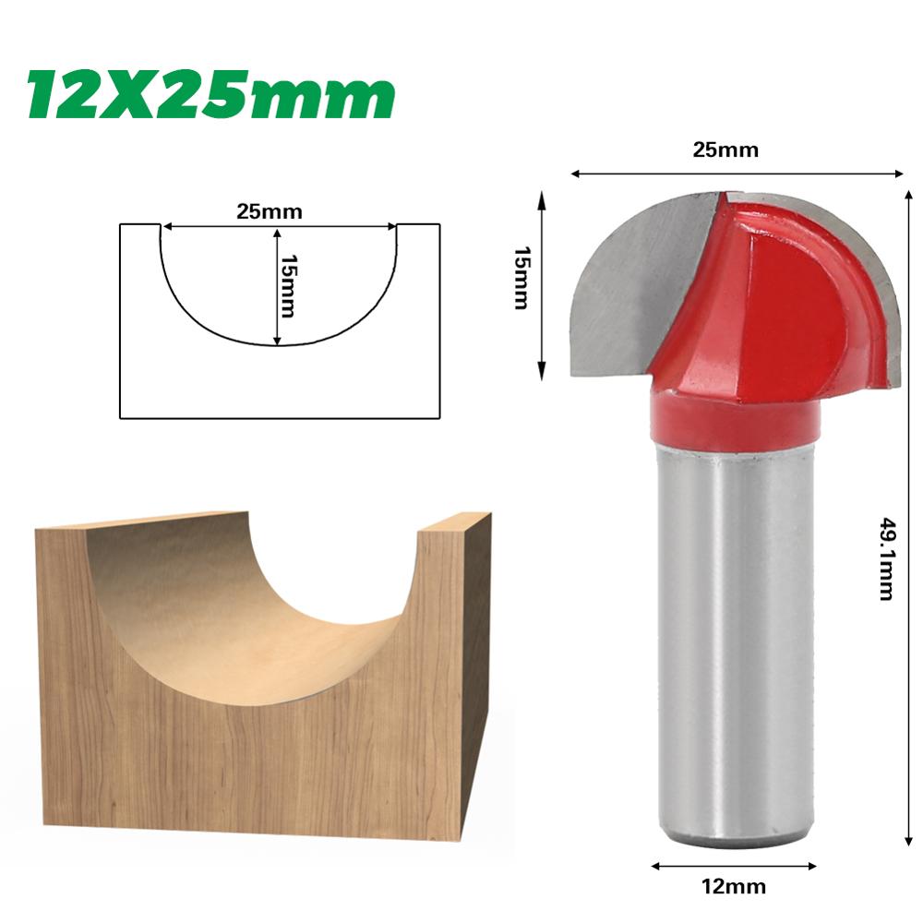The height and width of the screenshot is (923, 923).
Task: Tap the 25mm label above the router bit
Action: [x=725, y=150]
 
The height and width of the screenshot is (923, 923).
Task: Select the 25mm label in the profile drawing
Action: [x=270, y=210]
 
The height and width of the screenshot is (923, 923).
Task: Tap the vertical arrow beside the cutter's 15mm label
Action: [x=542, y=286]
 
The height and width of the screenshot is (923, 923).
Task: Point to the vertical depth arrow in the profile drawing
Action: [x=276, y=286]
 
